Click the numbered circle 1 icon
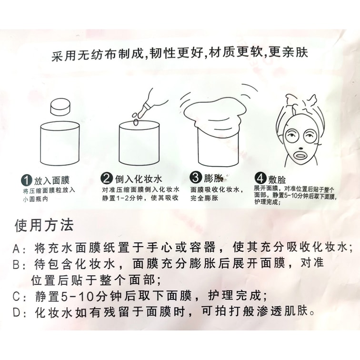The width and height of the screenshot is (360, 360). click(27, 180)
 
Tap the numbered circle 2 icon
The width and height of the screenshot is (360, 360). click(107, 178)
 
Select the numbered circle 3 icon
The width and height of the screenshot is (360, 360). click(196, 178)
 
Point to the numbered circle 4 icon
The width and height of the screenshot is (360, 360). click(260, 178)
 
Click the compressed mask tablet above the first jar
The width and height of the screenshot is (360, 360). click(60, 107)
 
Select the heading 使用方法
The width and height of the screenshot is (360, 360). click(44, 225)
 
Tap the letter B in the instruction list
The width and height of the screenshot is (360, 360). click(17, 265)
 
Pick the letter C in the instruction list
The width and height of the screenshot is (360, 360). click(17, 296)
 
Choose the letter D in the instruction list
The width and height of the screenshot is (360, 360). click(17, 313)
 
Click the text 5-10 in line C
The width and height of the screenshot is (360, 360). click(78, 296)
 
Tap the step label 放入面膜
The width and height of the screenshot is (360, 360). click(52, 180)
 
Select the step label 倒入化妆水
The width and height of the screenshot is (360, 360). click(139, 179)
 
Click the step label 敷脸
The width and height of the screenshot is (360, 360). click(277, 180)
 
